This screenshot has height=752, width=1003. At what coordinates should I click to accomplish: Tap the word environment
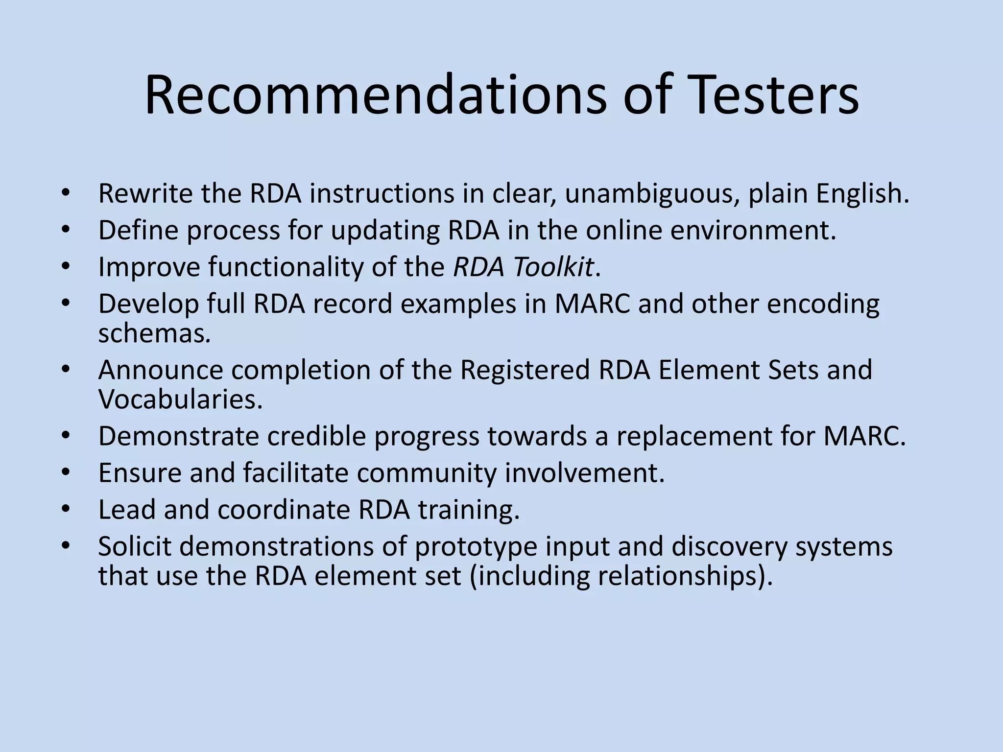(x=753, y=230)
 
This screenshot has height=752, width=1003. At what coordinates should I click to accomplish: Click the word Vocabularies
(x=180, y=399)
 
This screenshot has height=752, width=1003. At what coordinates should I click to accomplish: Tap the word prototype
(x=476, y=547)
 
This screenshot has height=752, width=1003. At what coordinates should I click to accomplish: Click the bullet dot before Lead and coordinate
(x=67, y=509)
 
